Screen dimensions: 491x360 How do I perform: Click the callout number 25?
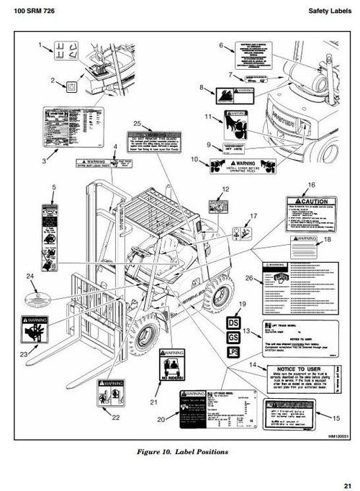tap(138, 123)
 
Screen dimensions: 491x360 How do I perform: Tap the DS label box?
tap(233, 323)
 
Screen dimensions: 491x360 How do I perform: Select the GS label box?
tap(233, 337)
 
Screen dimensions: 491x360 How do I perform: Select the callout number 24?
tap(30, 276)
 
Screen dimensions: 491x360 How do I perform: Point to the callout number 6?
tap(222, 45)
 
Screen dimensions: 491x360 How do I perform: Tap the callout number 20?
tap(162, 418)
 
